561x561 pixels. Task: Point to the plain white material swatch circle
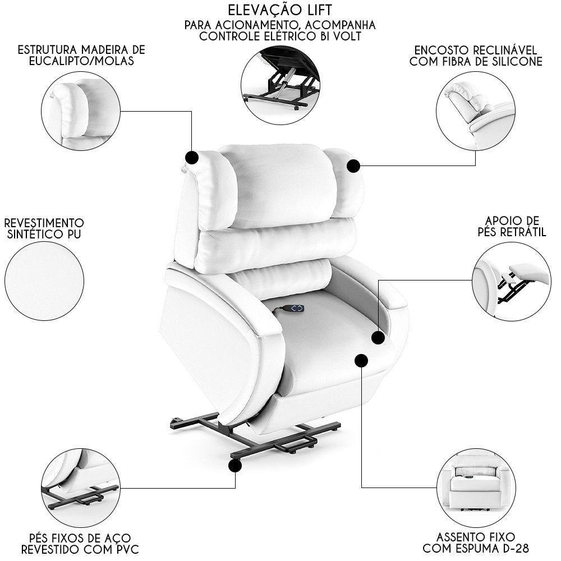click(x=44, y=280)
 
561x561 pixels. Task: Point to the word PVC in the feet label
click(x=127, y=548)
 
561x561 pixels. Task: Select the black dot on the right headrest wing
click(x=353, y=166)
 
